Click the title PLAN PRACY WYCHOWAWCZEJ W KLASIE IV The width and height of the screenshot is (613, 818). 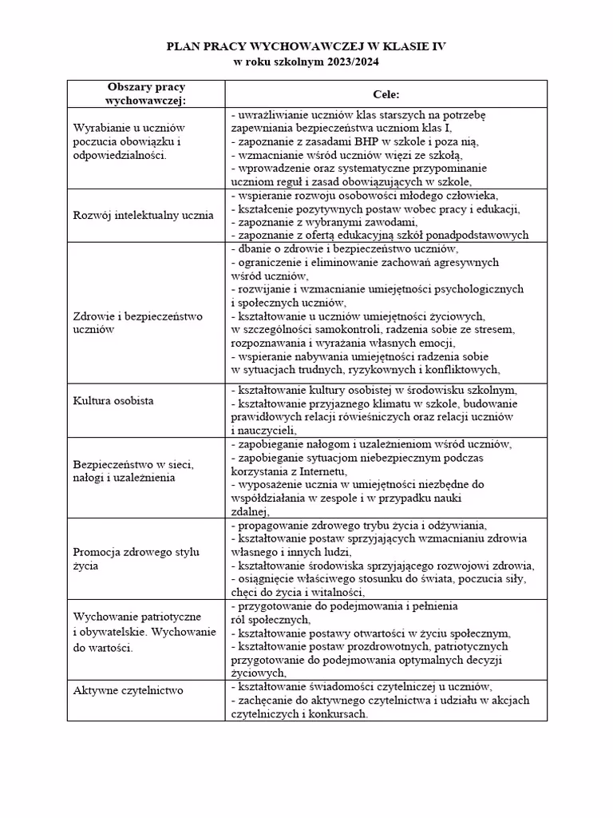[306, 47]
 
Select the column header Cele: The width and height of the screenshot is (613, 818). [386, 94]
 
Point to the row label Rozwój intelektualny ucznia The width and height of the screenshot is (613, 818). [144, 215]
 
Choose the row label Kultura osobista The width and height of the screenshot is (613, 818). [113, 400]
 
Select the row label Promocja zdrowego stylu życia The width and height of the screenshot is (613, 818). [136, 558]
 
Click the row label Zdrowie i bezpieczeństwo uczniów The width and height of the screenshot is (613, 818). [137, 322]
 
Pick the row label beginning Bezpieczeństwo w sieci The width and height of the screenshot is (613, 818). [134, 471]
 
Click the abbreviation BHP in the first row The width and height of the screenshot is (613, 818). [356, 142]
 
